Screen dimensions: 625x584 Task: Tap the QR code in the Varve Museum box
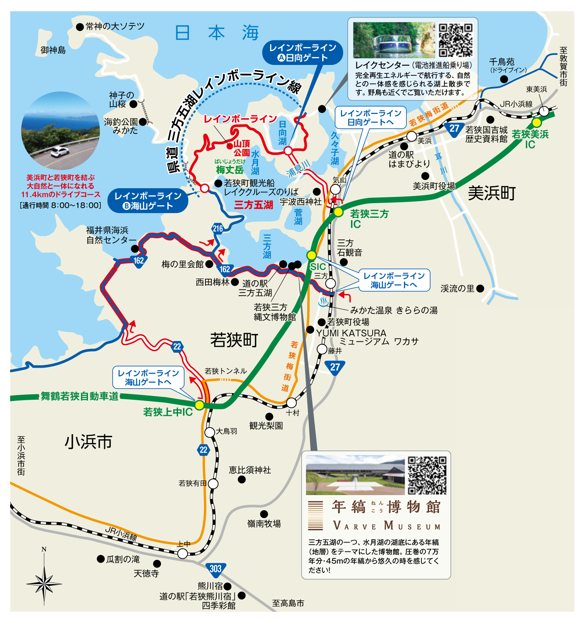[427, 475]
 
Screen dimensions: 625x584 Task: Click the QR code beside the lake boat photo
[456, 40]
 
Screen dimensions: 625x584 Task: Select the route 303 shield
[216, 569]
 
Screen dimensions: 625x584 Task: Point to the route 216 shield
[218, 229]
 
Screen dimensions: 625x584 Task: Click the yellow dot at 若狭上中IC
[200, 405]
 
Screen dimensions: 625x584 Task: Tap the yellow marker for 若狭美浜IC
[536, 122]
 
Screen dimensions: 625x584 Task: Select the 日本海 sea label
[217, 33]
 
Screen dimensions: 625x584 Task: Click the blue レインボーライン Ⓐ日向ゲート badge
[303, 53]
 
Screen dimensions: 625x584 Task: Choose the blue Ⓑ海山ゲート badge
[148, 201]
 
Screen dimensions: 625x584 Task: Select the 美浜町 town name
[491, 193]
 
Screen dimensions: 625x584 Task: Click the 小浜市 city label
[88, 442]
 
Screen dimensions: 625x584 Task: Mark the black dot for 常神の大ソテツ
[80, 27]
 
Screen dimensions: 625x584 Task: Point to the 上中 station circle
[183, 553]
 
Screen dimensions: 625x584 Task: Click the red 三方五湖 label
[253, 204]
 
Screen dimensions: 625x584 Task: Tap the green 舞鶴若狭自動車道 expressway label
[80, 396]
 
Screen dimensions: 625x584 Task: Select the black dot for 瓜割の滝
[100, 559]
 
